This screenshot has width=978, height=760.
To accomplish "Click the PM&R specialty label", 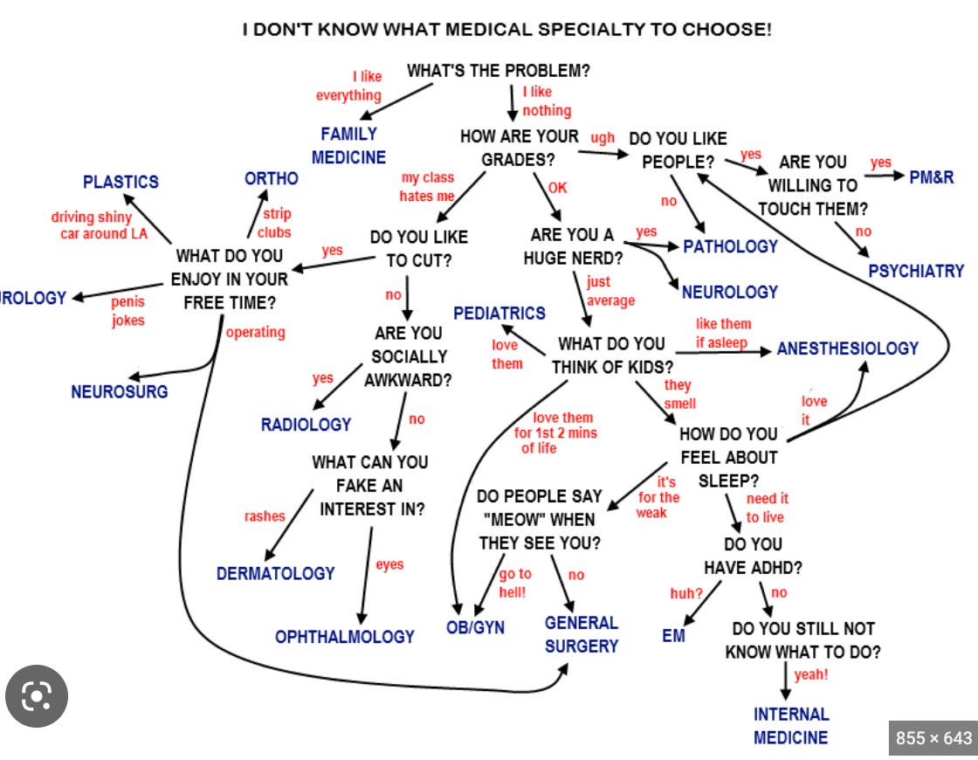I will tap(932, 177).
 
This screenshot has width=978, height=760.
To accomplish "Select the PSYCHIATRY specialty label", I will tap(916, 271).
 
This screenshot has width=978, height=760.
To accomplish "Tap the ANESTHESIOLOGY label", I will tap(847, 349).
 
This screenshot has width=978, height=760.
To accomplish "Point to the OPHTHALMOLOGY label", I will tap(344, 637).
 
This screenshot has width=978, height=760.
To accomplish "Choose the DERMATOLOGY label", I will tap(275, 574).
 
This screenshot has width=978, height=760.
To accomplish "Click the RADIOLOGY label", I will tap(306, 425).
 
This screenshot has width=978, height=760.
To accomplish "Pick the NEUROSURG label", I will tap(120, 391).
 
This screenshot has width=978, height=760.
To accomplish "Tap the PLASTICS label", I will tap(121, 182).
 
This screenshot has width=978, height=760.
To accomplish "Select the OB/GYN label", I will tap(475, 628).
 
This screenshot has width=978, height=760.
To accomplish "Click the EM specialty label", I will tap(673, 636).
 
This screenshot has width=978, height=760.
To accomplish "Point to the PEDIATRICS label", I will tap(499, 313).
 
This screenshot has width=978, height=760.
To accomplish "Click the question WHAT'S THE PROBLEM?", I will tap(498, 71).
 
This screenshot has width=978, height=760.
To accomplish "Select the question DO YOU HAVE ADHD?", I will tap(753, 556).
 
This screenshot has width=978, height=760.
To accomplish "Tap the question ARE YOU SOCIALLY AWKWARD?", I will tap(408, 356).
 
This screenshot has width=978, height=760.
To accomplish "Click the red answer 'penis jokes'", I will tap(128, 311).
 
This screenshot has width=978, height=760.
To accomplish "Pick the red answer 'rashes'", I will tap(265, 516).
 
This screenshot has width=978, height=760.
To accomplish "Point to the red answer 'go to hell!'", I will tap(514, 583).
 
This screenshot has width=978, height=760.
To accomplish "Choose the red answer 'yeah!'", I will tap(811, 674).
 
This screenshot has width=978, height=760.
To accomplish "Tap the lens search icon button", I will tap(37, 696).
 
